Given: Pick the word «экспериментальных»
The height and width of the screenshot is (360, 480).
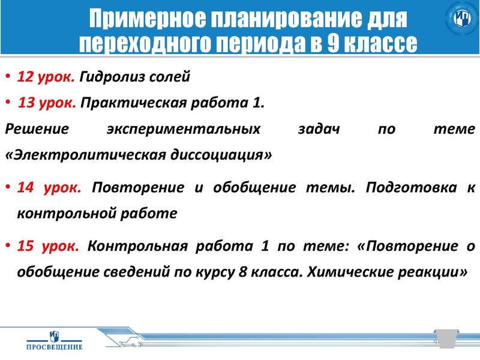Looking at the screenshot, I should (x=184, y=129).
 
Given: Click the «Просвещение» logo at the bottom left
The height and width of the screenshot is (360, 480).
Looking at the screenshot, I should (x=55, y=340).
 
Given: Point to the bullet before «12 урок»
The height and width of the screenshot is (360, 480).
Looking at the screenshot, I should (x=8, y=77).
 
